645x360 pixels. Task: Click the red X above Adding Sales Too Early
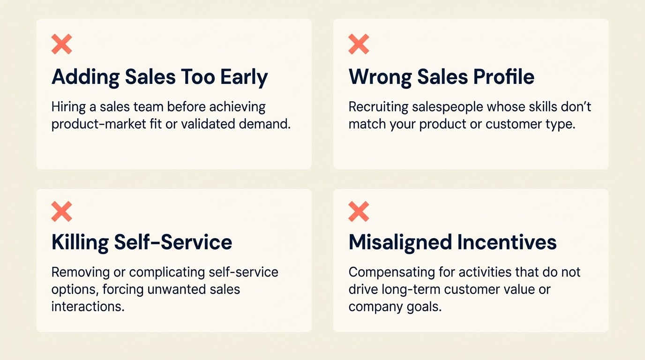tap(61, 44)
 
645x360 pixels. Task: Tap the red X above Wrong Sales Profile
tap(359, 44)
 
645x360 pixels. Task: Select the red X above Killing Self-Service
tap(61, 211)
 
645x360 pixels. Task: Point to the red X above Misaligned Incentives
tap(359, 211)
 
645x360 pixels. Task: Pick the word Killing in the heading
tap(79, 242)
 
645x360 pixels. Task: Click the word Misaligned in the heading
tap(399, 242)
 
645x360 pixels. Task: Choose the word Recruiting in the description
tap(378, 107)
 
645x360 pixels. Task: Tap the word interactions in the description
tap(88, 307)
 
